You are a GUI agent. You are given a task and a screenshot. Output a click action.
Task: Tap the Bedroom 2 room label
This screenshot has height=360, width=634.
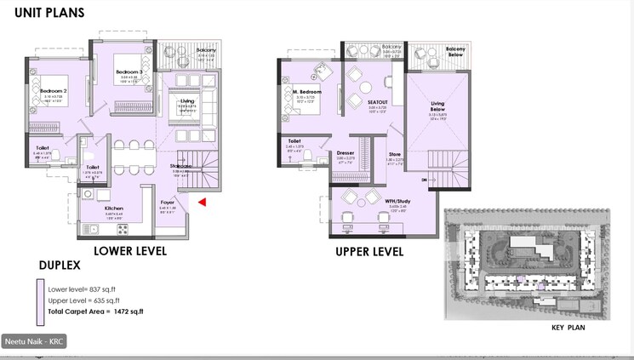53,90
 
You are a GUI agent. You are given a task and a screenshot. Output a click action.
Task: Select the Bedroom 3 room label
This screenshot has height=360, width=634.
127,74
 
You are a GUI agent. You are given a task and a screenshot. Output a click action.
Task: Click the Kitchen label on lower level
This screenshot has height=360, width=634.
114,208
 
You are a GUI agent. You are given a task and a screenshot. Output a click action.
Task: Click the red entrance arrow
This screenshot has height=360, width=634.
203,202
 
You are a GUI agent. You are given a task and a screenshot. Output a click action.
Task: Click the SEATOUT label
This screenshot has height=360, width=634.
378,102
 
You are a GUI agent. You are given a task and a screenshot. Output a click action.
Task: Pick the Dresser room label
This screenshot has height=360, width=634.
345,153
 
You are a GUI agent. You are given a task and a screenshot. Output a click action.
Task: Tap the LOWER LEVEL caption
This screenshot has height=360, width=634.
130,251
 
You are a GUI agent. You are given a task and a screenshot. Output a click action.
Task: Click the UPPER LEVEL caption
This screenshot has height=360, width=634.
369,252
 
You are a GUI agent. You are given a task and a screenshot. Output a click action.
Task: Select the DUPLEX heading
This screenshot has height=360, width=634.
60,266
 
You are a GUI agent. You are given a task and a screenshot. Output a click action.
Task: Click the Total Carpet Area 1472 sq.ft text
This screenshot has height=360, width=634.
96,311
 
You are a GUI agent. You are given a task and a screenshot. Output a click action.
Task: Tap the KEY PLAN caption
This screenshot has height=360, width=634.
568,328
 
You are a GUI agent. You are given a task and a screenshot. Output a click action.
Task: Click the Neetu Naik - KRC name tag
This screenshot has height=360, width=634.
34,341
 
